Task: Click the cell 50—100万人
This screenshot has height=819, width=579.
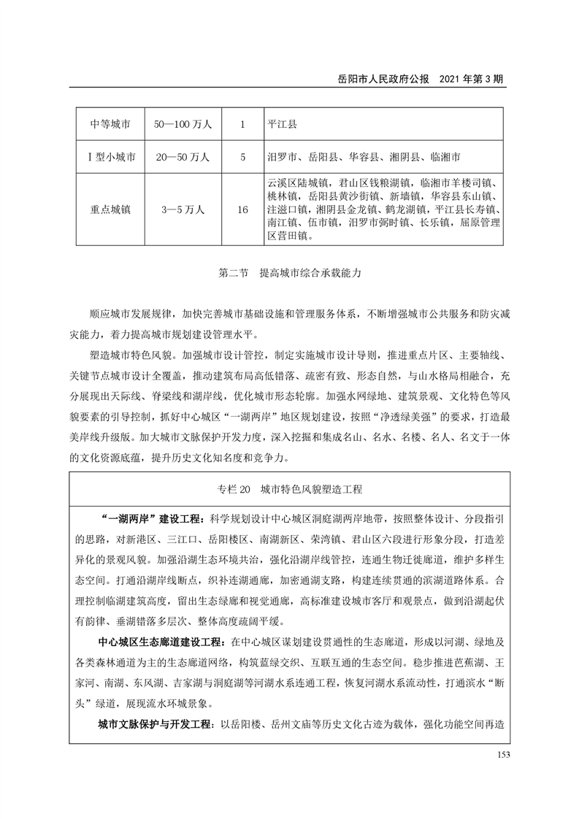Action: tap(183, 124)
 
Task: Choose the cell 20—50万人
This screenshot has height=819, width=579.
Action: tap(183, 156)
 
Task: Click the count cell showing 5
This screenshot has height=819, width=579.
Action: tap(242, 156)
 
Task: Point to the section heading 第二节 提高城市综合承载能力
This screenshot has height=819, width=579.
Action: tap(289, 275)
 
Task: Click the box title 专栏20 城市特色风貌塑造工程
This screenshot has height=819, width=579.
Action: tap(289, 488)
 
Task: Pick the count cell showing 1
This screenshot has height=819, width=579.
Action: tap(242, 124)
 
